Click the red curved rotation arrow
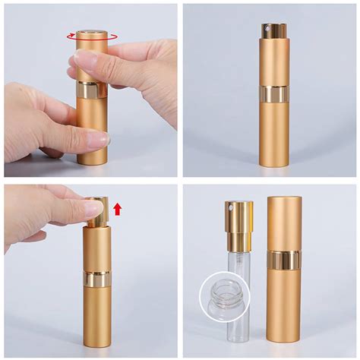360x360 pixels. (91, 35)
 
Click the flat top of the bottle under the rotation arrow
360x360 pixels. (91, 32)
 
